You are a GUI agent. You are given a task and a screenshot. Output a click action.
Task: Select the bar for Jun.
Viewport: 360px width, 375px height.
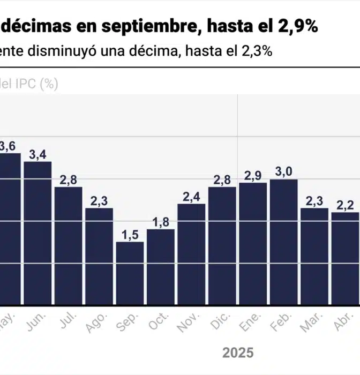37,233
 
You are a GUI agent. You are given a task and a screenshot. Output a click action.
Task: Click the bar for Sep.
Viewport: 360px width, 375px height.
130,273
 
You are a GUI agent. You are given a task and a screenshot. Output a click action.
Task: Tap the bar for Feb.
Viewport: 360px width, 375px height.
283,242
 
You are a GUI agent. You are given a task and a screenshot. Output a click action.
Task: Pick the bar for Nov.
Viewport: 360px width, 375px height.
191,254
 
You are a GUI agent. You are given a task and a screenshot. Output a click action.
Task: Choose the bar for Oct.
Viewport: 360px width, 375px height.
161,267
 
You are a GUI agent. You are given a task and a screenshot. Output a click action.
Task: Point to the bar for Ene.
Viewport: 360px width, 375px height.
253,244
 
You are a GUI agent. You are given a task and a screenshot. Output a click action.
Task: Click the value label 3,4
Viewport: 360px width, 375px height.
37,155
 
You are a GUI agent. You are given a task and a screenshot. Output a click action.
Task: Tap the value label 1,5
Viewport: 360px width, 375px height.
130,235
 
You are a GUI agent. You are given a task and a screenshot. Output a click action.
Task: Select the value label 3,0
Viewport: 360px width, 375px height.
283,172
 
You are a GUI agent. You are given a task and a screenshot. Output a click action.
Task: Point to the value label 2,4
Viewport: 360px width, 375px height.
191,197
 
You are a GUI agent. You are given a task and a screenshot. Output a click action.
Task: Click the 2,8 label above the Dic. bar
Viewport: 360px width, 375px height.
222,180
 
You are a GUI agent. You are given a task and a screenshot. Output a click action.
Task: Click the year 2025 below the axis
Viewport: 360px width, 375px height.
238,353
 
